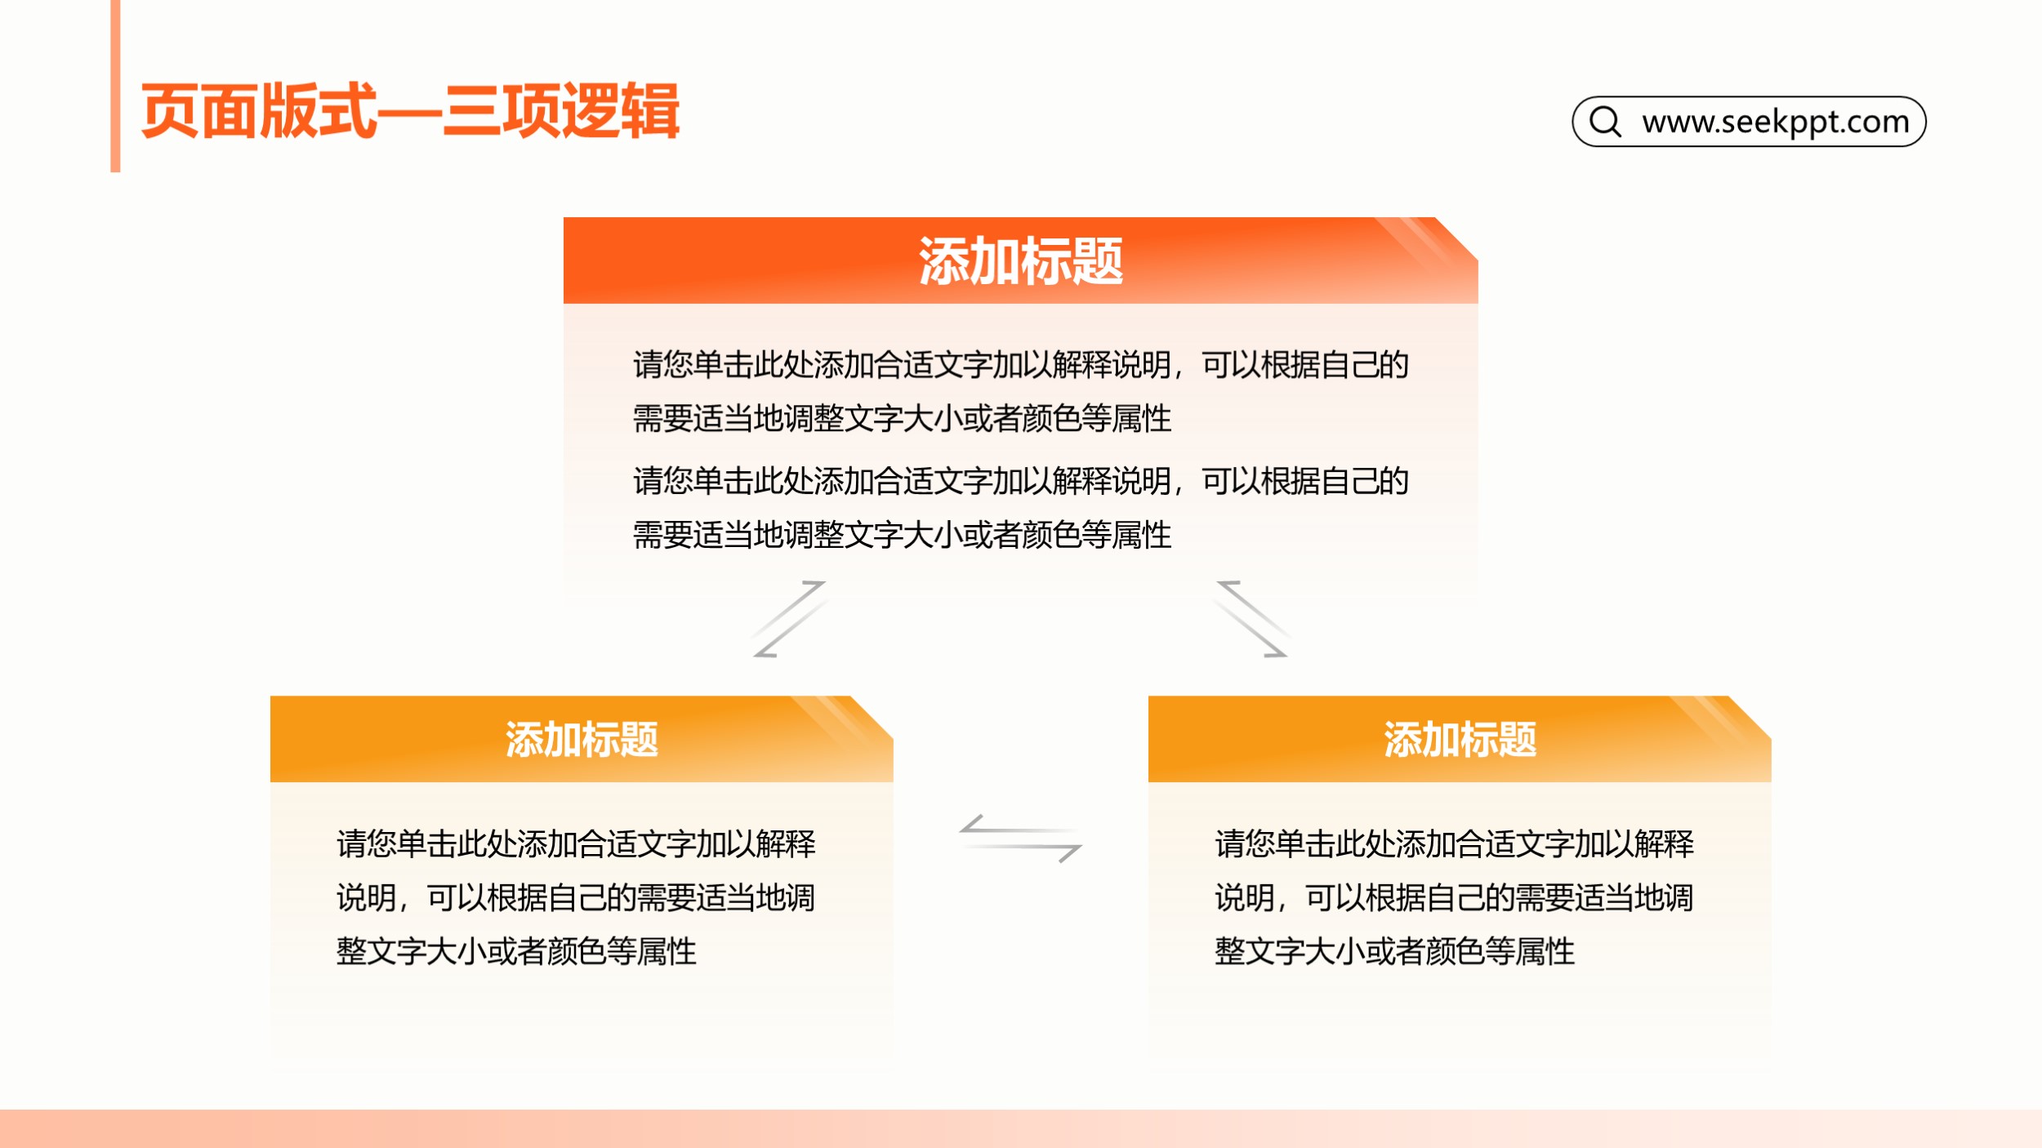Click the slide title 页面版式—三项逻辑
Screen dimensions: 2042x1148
click(x=410, y=111)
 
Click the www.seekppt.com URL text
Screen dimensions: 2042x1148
click(x=1776, y=122)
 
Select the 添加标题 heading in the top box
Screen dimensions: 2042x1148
click(x=1021, y=261)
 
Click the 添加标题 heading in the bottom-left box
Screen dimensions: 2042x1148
click(x=582, y=740)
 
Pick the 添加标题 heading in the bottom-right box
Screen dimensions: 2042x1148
click(x=1460, y=740)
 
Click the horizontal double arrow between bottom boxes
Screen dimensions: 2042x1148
click(x=1021, y=839)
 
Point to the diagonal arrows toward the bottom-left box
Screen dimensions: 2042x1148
click(x=790, y=619)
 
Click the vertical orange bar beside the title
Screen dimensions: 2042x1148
click(x=115, y=86)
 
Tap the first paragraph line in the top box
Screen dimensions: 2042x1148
click(x=1021, y=365)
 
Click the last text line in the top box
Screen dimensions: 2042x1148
click(x=903, y=536)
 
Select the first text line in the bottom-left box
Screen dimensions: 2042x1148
click(x=576, y=843)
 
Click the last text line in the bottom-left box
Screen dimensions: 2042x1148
click(x=516, y=951)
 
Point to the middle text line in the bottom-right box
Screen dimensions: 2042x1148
click(x=1454, y=897)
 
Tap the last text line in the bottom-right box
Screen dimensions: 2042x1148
click(x=1394, y=951)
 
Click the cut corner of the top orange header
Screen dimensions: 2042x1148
click(x=1457, y=238)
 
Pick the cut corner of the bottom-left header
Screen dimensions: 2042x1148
click(x=872, y=718)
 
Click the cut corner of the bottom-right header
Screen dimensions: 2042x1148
click(x=1750, y=718)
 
